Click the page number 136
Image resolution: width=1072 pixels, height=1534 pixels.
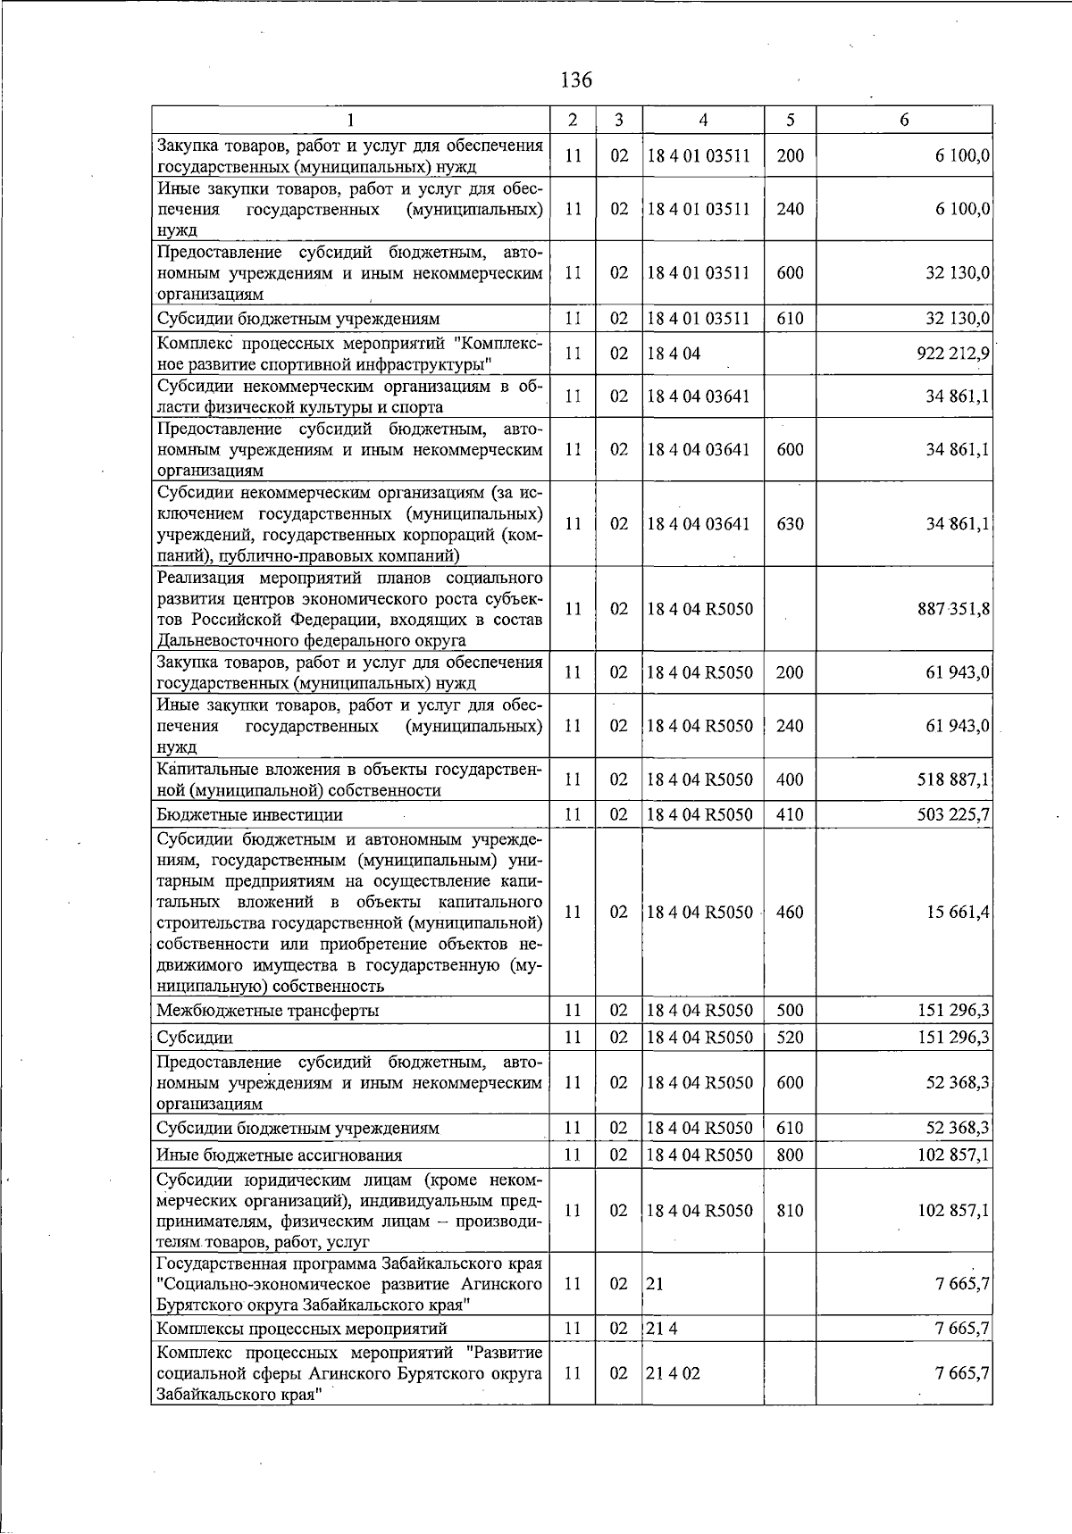click(575, 80)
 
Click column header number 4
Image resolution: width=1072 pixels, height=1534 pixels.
click(703, 120)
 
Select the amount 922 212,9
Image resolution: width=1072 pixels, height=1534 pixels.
click(952, 354)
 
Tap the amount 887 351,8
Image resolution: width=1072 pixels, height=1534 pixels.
click(952, 609)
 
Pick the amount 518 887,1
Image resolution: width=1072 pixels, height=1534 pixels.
click(952, 780)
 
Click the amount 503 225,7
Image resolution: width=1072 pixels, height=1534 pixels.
click(952, 814)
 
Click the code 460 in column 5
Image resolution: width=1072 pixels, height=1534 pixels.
click(790, 912)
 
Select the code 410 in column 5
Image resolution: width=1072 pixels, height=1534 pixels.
click(790, 814)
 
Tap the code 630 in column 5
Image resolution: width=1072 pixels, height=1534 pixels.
click(790, 524)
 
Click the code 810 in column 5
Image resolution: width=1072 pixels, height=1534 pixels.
click(790, 1211)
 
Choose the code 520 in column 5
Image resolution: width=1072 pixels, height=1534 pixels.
click(790, 1038)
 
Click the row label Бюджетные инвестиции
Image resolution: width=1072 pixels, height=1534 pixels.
click(249, 814)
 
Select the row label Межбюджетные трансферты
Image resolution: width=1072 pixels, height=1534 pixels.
click(267, 1011)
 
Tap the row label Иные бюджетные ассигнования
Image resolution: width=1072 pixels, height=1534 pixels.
click(279, 1155)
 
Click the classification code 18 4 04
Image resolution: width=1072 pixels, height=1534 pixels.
click(674, 354)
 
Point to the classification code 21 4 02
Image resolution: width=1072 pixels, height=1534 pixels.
click(674, 1373)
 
